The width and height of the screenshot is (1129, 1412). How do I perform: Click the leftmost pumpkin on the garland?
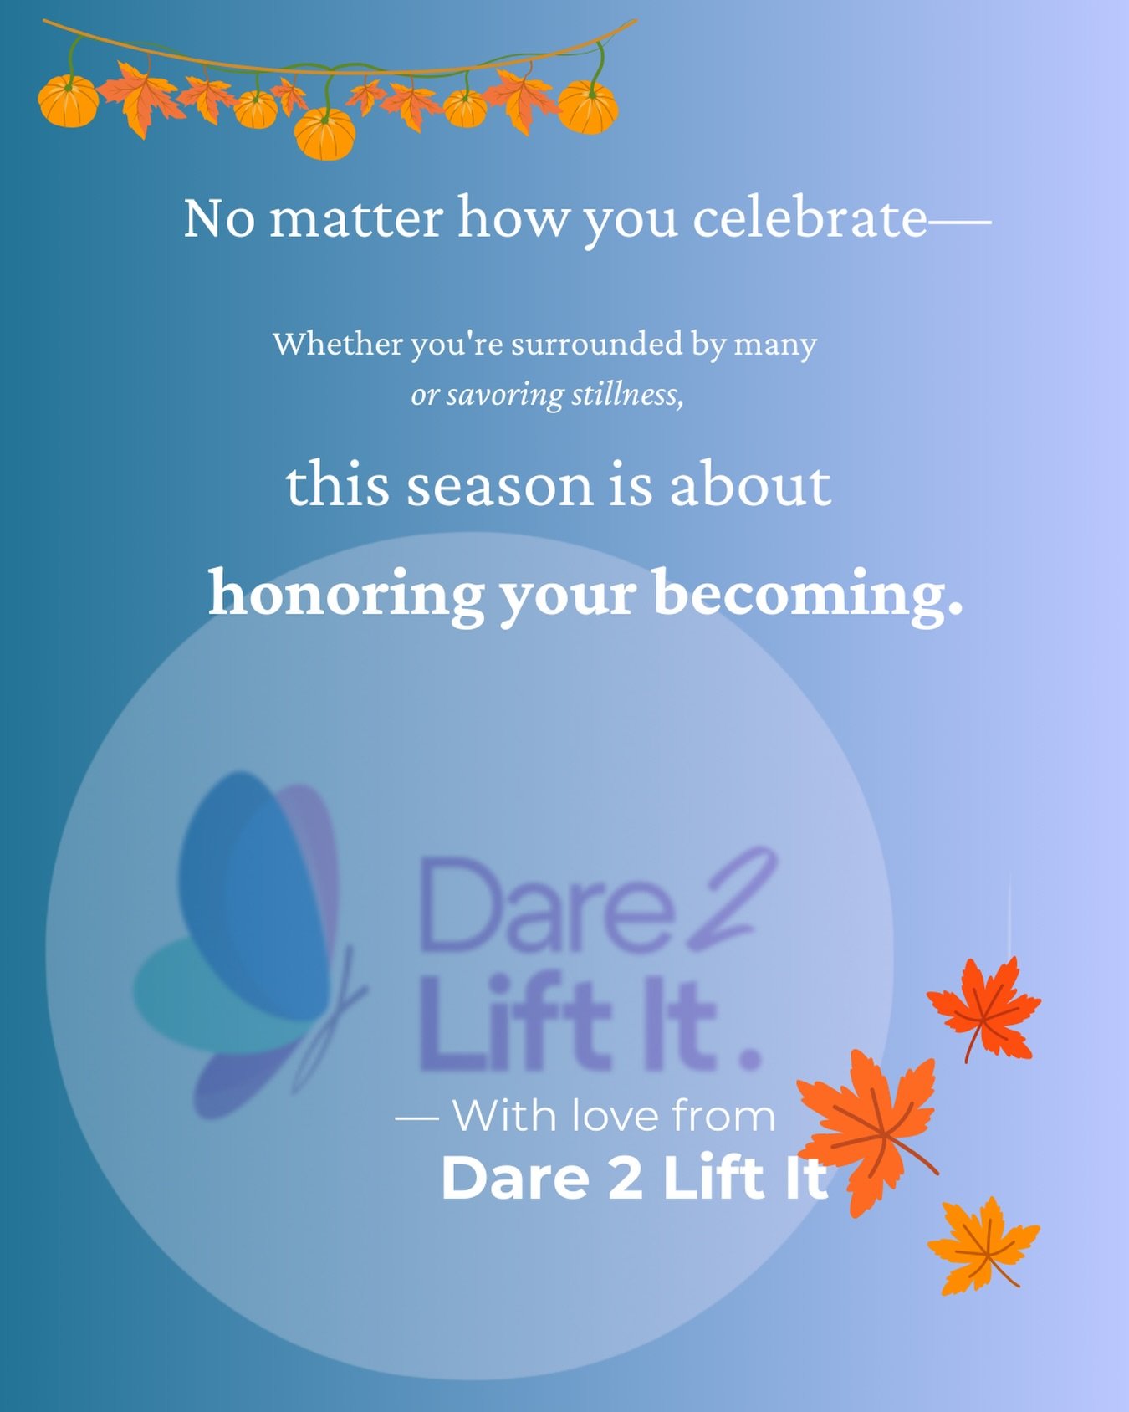(x=69, y=101)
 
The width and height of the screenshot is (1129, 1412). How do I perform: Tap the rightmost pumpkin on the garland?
(x=588, y=108)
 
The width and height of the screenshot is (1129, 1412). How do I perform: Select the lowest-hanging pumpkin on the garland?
(x=324, y=134)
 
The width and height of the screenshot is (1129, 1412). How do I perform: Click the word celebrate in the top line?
(x=810, y=219)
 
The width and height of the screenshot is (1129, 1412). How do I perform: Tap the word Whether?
(x=337, y=344)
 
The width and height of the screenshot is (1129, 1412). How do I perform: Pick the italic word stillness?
(x=627, y=394)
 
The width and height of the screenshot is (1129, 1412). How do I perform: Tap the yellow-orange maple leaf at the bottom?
(x=983, y=1244)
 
